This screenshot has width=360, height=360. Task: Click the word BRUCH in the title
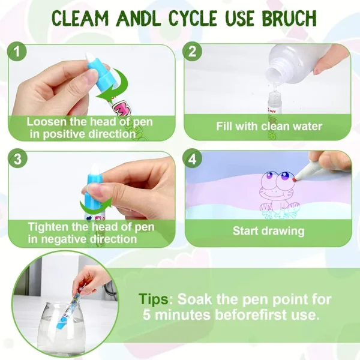(x=289, y=18)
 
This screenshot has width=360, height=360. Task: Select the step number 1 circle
(x=17, y=52)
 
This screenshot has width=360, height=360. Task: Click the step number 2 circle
(x=192, y=52)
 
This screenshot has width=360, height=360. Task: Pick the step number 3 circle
(x=17, y=158)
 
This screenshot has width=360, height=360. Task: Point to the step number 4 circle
(x=193, y=158)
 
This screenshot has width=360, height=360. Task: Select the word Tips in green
(x=154, y=299)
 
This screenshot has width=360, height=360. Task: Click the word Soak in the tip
(x=194, y=299)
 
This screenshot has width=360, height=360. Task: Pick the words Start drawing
(x=268, y=231)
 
